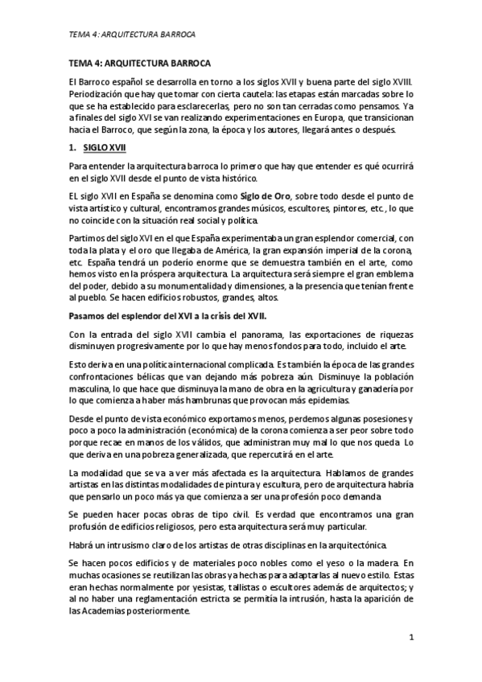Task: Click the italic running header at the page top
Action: tap(133, 35)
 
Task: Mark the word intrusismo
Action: tap(120, 544)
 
